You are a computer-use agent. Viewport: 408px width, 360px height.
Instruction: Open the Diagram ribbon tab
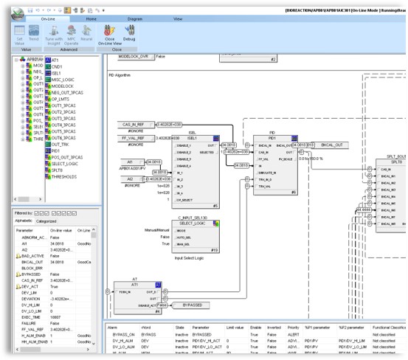tap(134, 18)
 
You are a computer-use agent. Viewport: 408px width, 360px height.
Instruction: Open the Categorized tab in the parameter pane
tap(46, 221)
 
